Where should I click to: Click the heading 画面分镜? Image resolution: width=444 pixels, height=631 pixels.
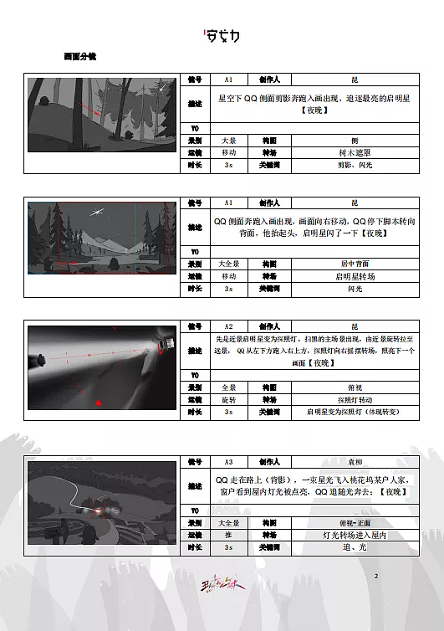coord(80,57)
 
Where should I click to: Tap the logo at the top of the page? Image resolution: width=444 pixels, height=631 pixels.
coord(222,36)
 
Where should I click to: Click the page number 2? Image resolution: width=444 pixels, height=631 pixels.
coord(376,577)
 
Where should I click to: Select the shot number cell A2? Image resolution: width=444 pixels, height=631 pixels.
coord(228,326)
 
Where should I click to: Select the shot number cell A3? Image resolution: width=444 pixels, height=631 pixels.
coord(228,462)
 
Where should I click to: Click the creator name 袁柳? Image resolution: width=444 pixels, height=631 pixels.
coord(355,462)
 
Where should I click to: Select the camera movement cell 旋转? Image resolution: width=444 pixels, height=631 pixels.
coord(228,400)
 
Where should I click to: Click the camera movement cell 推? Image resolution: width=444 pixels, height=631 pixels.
coord(228,535)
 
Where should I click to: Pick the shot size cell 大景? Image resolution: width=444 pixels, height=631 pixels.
coord(228,141)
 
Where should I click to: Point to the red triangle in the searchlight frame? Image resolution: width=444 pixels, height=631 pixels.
coord(100,403)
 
